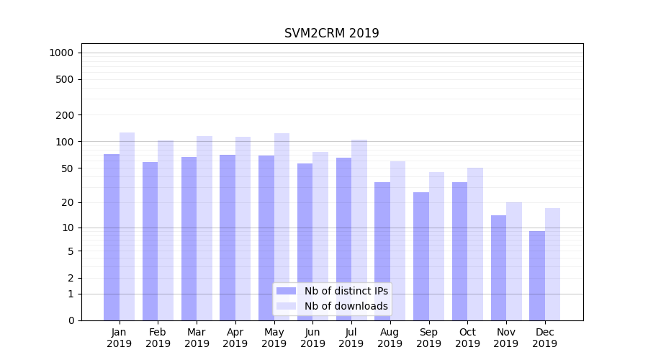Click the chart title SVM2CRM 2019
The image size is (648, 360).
[x=331, y=33]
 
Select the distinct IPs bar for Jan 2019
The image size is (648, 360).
[x=112, y=237]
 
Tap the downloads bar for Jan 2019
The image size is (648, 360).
[x=127, y=226]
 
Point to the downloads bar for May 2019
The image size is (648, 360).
[x=282, y=227]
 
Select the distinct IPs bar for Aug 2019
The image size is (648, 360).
[x=382, y=251]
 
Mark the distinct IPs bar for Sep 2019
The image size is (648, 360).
[x=421, y=256]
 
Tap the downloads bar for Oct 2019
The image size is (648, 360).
[x=475, y=244]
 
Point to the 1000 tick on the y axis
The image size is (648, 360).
[x=61, y=53]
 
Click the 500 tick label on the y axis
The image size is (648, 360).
[x=65, y=79]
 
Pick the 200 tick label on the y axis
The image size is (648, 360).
[x=65, y=115]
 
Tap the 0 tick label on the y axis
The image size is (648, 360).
[x=71, y=320]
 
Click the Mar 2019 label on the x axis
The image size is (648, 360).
[x=197, y=338]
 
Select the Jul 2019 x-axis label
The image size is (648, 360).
[x=351, y=338]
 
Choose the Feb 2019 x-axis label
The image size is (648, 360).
[x=158, y=338]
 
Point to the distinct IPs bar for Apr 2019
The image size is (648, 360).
[x=228, y=238]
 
